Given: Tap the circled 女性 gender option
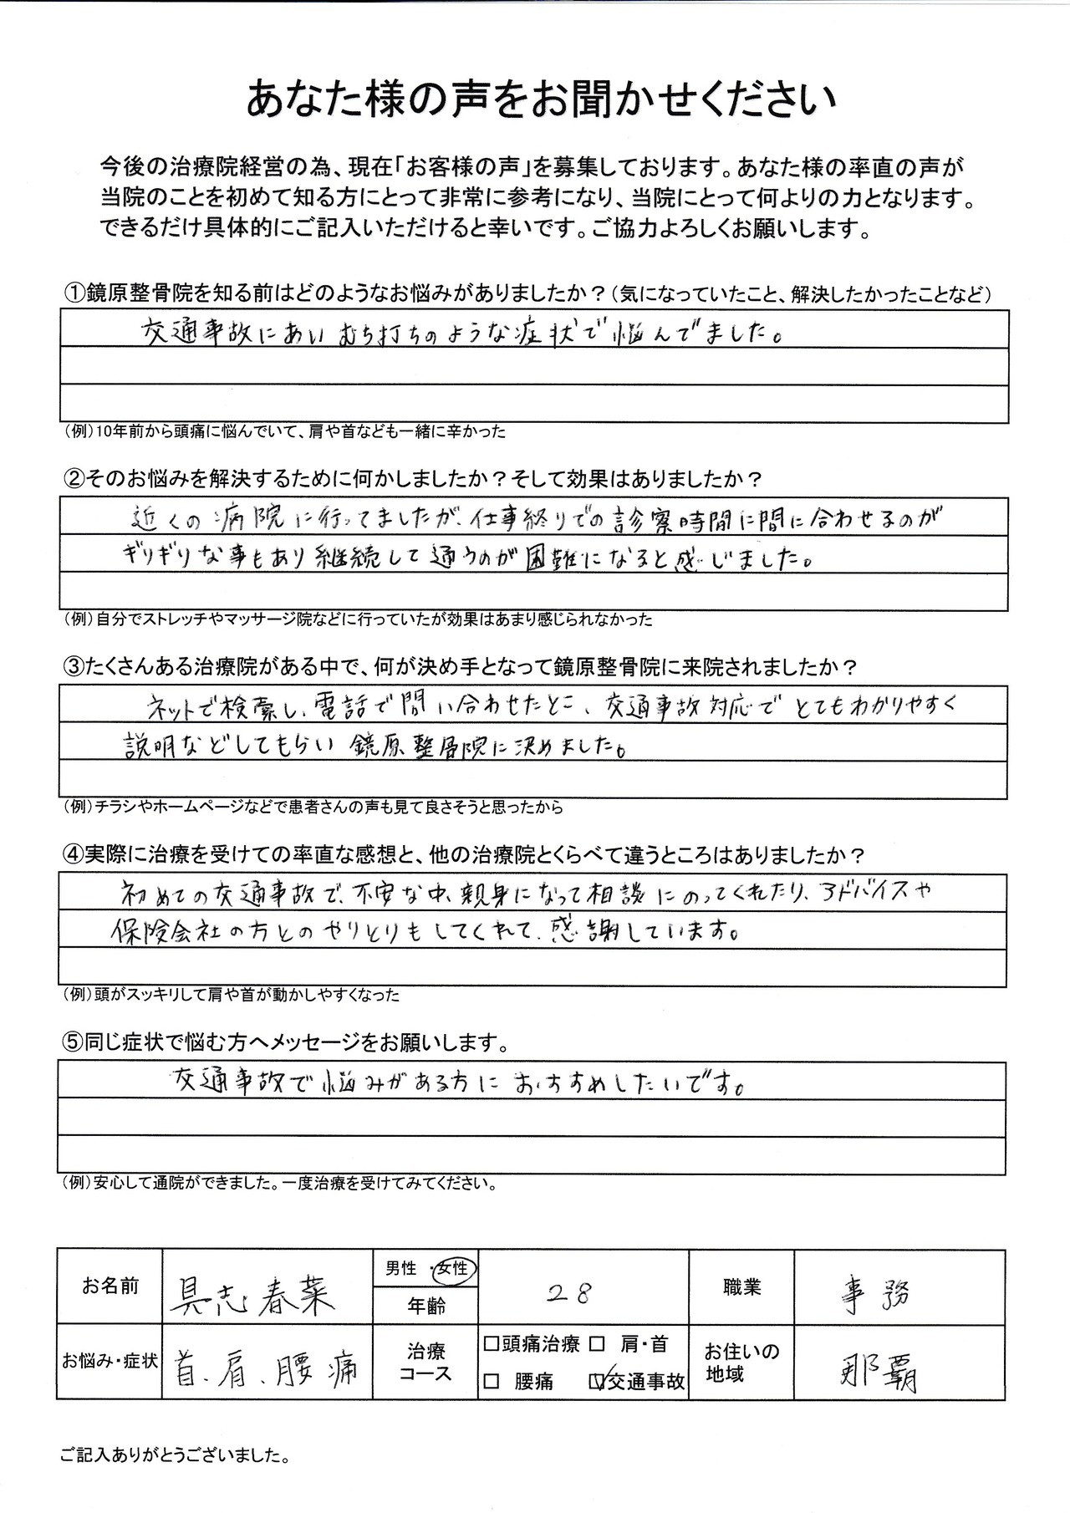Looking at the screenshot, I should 452,1268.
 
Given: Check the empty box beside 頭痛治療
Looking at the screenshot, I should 491,1344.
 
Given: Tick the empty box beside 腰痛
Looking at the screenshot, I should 491,1381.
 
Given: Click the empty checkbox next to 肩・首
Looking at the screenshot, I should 598,1344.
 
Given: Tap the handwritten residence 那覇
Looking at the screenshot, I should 878,1374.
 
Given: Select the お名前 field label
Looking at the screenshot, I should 110,1286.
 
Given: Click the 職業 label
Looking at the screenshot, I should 741,1286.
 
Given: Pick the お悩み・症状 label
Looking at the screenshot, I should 110,1360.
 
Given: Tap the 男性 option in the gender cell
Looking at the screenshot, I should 401,1268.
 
